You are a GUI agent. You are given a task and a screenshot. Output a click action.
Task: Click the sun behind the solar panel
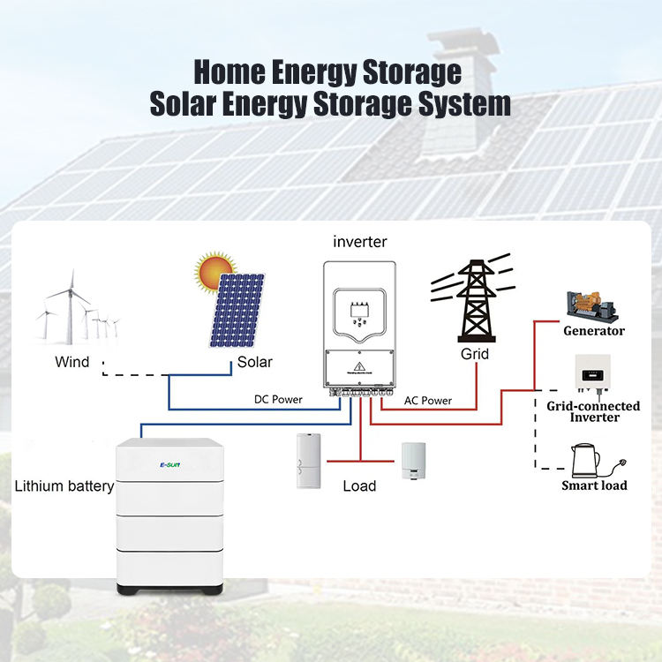tap(213, 269)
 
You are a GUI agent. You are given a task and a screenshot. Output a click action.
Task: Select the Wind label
tap(72, 362)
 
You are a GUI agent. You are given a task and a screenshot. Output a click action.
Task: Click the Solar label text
tap(255, 362)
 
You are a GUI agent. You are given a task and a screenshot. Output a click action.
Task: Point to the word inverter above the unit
tap(360, 241)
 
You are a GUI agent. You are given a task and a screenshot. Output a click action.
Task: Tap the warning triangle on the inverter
tap(360, 365)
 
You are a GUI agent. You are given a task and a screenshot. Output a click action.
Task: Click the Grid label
tap(475, 354)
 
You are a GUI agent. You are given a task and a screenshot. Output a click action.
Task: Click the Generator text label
tap(594, 331)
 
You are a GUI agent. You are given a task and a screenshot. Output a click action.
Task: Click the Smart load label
tap(594, 485)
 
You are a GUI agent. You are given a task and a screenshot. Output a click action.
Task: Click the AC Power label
tap(428, 400)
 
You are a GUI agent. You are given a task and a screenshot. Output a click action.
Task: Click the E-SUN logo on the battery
tap(170, 462)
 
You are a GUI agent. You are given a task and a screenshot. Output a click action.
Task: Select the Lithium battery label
tap(64, 485)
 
